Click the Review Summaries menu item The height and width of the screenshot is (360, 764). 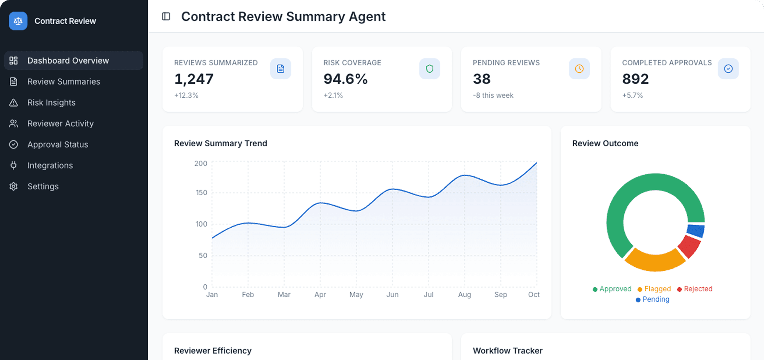[63, 81]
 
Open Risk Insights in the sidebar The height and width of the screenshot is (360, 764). [51, 102]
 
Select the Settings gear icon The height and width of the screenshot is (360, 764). [14, 186]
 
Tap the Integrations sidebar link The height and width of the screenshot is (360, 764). [50, 165]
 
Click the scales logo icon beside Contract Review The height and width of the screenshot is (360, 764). [18, 21]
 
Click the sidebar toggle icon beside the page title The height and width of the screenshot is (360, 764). [166, 16]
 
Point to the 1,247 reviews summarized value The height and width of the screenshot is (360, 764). [194, 79]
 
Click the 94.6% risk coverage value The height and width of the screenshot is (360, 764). [345, 79]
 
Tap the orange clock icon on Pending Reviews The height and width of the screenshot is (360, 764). [579, 69]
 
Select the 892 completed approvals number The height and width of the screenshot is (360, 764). [635, 79]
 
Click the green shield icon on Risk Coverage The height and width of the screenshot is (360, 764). [430, 69]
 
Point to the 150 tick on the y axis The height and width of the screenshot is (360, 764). [201, 193]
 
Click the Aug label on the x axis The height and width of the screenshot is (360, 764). [465, 295]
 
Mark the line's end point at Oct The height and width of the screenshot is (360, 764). [536, 163]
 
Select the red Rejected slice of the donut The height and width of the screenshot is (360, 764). [690, 246]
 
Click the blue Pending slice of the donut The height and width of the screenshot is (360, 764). [696, 231]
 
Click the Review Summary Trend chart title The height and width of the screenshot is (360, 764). [221, 143]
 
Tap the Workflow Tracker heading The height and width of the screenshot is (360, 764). [508, 351]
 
